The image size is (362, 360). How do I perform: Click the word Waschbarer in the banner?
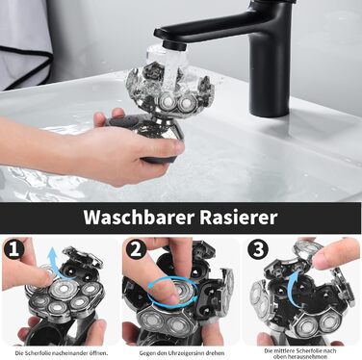tap(139, 218)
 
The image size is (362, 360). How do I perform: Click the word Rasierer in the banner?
tap(239, 218)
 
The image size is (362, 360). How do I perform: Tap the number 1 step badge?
tap(13, 249)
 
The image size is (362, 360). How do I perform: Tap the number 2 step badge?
tap(136, 249)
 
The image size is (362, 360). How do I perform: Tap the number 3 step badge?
tap(258, 249)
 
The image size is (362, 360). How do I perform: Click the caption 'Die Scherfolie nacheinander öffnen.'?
tap(62, 353)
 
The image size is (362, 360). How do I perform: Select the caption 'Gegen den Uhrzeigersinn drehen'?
tap(182, 353)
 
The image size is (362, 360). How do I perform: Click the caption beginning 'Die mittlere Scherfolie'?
tap(300, 353)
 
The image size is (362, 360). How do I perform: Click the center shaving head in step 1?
tap(64, 290)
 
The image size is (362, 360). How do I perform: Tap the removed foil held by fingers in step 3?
tap(308, 248)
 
